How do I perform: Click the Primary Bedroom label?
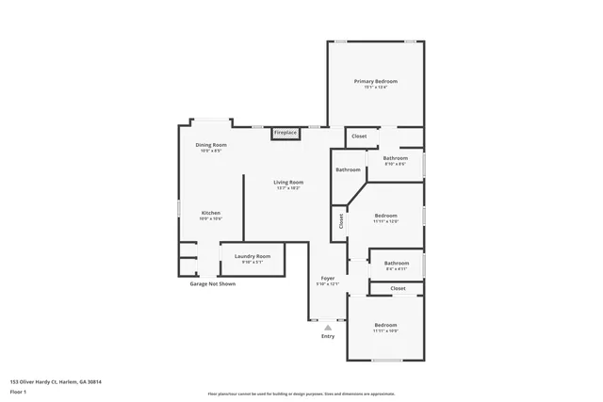click(375, 82)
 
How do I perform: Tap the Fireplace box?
click(285, 133)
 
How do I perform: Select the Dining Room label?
click(210, 145)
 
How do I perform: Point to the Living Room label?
click(288, 182)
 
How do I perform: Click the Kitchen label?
click(211, 214)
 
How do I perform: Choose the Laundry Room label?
click(253, 256)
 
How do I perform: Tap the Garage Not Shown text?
click(212, 283)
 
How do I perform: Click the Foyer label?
click(327, 279)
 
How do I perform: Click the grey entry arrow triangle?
click(328, 327)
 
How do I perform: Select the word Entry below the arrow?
click(328, 336)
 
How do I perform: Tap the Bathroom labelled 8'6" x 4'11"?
click(397, 264)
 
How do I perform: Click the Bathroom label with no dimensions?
click(348, 169)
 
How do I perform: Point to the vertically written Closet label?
click(340, 221)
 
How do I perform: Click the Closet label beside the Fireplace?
click(359, 137)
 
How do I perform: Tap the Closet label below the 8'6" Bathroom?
click(398, 288)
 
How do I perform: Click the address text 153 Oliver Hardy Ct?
click(56, 381)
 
